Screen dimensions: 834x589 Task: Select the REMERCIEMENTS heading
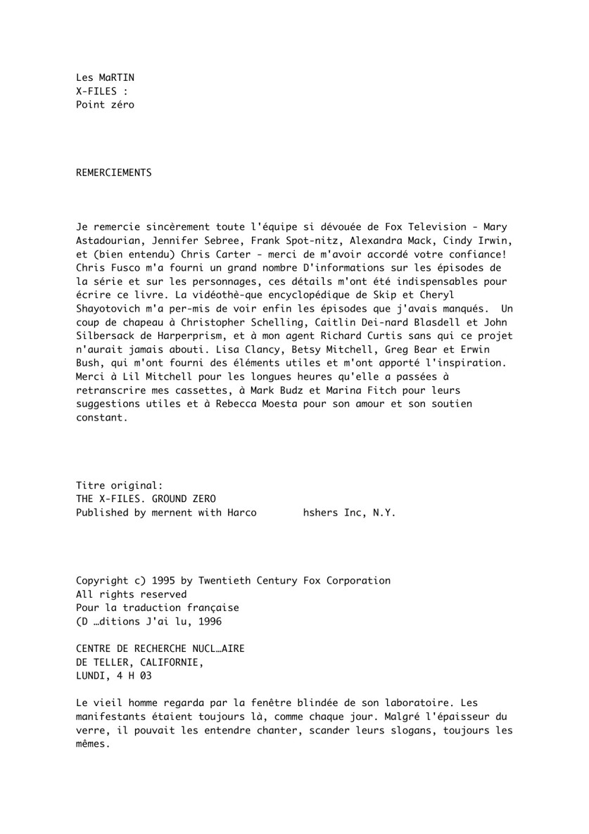point(113,172)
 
